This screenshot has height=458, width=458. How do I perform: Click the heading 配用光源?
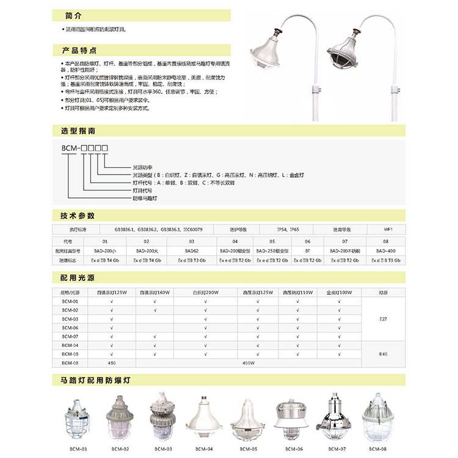pos(78,277)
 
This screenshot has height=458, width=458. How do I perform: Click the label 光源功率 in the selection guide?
pos(144,167)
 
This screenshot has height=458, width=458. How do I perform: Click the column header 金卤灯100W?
pos(339,293)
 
